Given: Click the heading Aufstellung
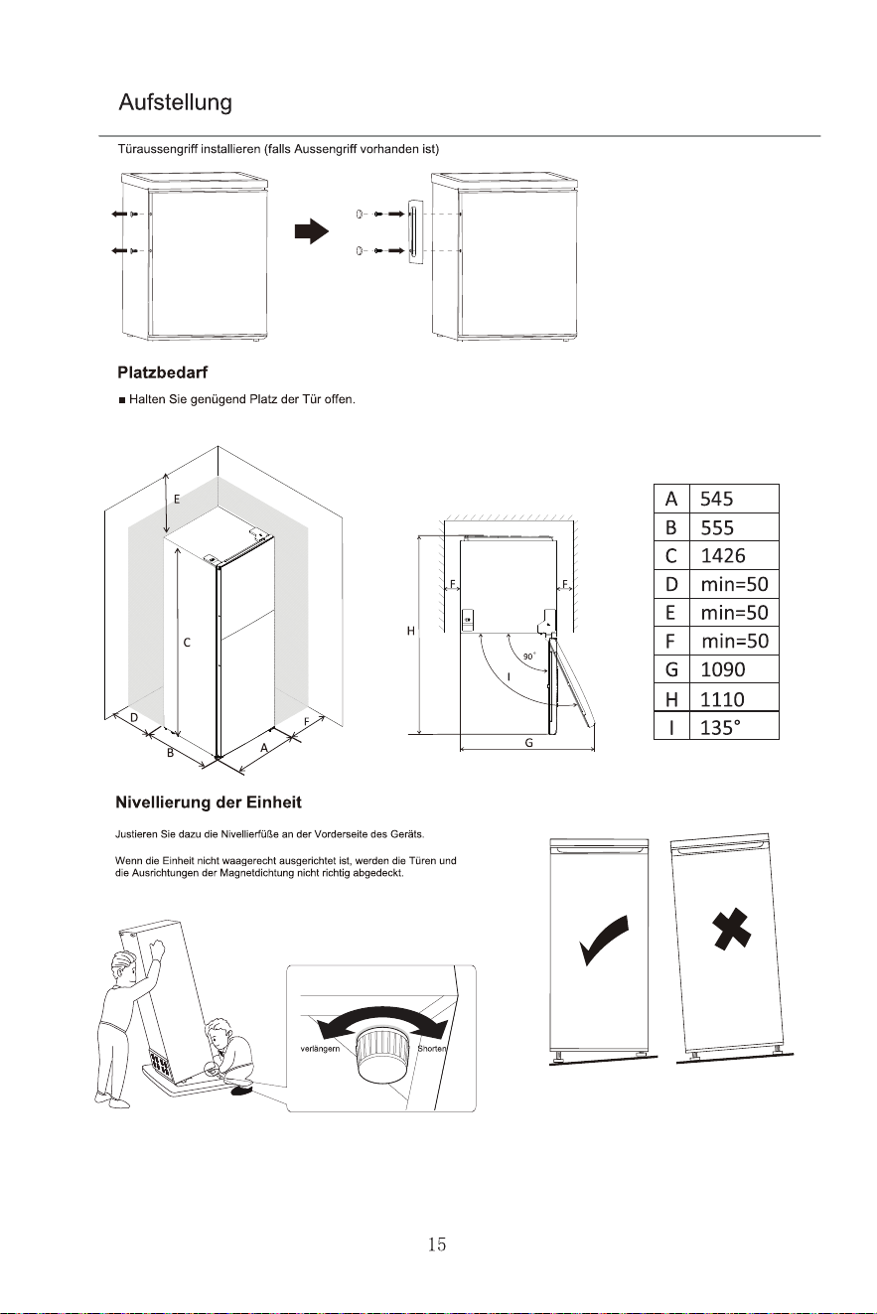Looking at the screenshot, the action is click(x=176, y=102).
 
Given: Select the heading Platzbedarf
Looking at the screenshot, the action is click(x=163, y=372).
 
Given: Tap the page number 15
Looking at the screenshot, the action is click(x=437, y=1243).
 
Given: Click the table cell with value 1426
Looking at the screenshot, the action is click(x=734, y=555).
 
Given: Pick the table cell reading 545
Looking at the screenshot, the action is click(x=734, y=499).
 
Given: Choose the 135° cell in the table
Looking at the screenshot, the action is click(x=734, y=727).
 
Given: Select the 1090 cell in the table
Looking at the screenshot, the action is click(x=734, y=669).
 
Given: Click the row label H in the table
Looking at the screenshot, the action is click(x=671, y=698).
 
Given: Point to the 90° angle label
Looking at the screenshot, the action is click(x=529, y=657).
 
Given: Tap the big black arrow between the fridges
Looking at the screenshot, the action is click(x=312, y=231).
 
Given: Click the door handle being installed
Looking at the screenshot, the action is click(x=415, y=232).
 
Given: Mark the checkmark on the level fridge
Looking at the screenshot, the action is click(x=603, y=940).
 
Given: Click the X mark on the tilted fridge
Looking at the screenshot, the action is click(x=732, y=928).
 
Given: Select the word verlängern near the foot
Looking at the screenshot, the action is click(x=320, y=1048).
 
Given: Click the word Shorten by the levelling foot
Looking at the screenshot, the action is click(x=432, y=1048).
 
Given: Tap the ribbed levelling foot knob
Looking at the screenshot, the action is click(x=382, y=1054).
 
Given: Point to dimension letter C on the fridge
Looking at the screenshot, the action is click(x=187, y=643).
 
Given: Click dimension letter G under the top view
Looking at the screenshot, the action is click(x=528, y=743).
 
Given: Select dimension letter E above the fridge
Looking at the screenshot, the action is click(x=177, y=500).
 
